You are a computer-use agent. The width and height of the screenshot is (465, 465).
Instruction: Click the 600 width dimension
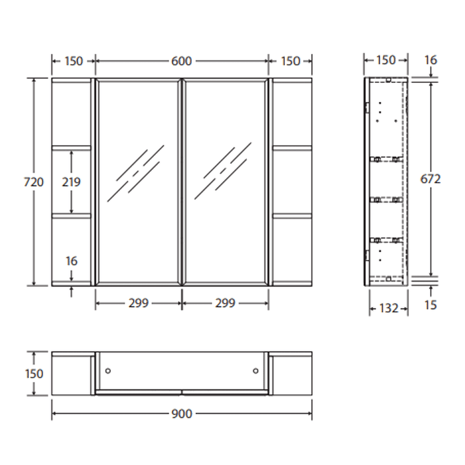point(181,61)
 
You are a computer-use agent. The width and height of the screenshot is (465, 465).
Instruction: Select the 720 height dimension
point(33,181)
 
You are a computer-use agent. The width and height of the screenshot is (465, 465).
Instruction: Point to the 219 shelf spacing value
point(72,181)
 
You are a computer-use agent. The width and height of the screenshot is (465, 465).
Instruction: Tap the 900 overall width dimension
point(181,413)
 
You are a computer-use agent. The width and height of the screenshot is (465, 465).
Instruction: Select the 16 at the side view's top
point(430,60)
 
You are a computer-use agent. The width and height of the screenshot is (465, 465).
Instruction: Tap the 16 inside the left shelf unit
point(72,261)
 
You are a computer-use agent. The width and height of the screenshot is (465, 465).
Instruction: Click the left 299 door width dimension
point(138,303)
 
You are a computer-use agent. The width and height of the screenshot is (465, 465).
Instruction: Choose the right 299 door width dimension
point(225,303)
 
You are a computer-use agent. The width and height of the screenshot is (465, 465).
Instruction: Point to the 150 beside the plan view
point(33,373)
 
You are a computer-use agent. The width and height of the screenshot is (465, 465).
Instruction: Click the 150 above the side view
point(385,60)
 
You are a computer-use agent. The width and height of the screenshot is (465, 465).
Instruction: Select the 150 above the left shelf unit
point(73,61)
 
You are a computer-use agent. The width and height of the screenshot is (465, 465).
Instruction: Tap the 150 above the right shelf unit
point(290,61)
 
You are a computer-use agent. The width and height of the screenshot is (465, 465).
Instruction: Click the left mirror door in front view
point(138,181)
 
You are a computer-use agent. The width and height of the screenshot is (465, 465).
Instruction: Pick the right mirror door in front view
point(225,181)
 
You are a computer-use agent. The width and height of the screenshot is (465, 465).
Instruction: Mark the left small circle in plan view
point(109,371)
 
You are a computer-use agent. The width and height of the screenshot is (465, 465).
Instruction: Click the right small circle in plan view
point(256,371)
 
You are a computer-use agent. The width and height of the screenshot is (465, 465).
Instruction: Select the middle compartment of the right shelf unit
point(292,181)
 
